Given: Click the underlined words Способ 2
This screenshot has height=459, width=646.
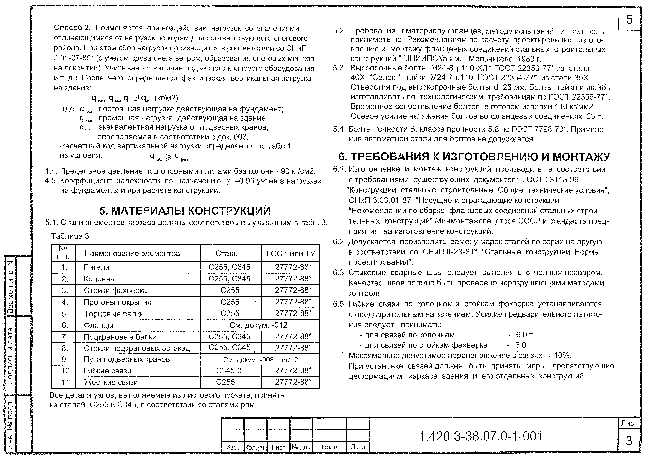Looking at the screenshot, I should pos(72,28).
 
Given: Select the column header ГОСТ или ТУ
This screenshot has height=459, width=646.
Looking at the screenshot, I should pos(290,254).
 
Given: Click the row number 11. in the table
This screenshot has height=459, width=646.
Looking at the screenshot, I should pos(67,382).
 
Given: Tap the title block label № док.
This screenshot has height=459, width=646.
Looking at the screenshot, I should pos(301,447).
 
